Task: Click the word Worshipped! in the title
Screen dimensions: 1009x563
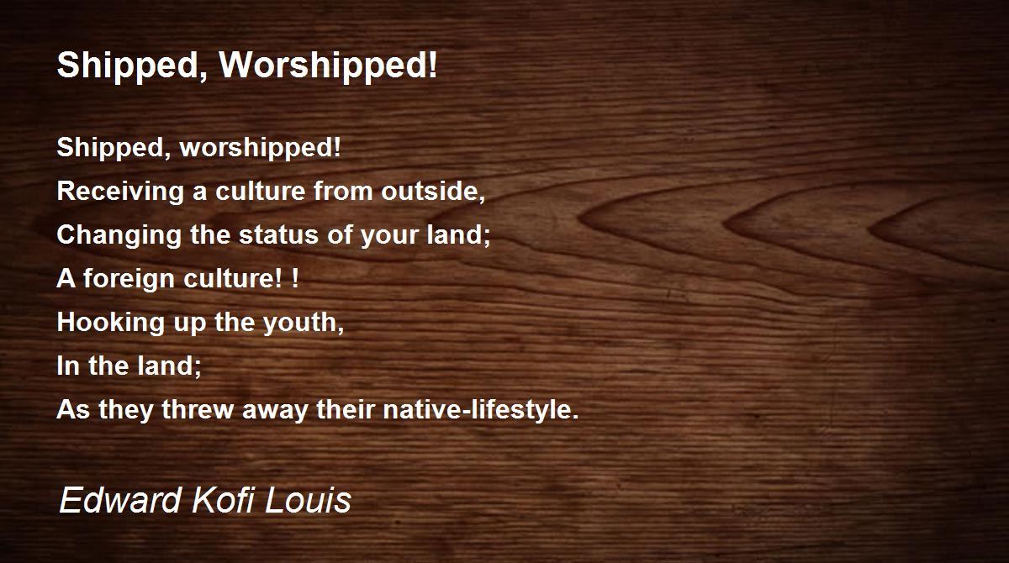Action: coord(328,66)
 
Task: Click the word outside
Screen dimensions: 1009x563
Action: coord(433,191)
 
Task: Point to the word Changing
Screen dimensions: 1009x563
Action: coord(119,235)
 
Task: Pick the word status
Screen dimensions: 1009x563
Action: coord(278,234)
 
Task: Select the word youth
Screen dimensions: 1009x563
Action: coord(304,323)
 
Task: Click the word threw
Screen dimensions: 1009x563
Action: coord(198,409)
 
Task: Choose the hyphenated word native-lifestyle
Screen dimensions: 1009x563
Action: coord(481,410)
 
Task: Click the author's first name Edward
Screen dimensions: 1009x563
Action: coord(119,499)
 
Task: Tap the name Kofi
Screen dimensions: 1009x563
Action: coord(223,499)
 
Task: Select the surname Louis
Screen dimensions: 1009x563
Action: coord(308,499)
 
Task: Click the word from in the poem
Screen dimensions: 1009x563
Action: coord(343,191)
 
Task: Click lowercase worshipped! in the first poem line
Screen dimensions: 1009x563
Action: coord(260,148)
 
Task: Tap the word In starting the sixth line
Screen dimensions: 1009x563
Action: coord(68,366)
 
